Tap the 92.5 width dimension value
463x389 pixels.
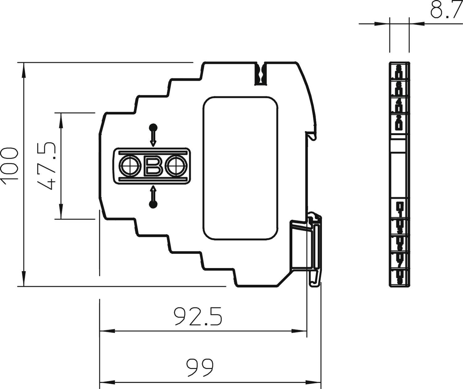point(198,317)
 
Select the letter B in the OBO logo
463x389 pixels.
point(153,166)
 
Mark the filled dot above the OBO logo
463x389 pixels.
point(153,127)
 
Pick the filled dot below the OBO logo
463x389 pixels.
point(153,204)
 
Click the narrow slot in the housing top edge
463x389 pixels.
point(261,73)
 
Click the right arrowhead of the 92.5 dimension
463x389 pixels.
point(299,331)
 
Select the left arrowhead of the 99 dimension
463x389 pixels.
point(106,383)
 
